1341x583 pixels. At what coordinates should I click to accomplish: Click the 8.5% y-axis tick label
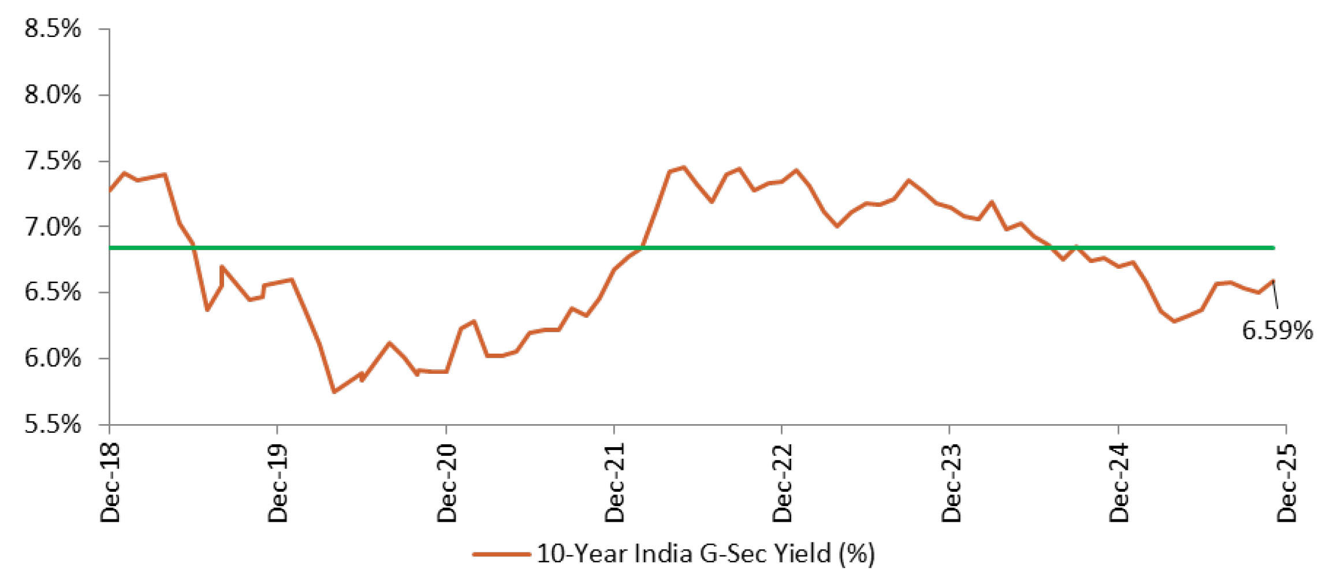tap(53, 28)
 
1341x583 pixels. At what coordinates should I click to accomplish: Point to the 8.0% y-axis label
tap(53, 94)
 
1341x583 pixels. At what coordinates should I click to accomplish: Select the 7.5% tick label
tap(53, 161)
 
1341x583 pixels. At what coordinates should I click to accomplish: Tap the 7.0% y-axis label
tap(53, 226)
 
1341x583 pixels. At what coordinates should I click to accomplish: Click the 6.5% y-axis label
tap(53, 292)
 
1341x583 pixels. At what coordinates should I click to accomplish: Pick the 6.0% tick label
tap(53, 358)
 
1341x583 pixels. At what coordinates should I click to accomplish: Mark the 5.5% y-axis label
tap(53, 425)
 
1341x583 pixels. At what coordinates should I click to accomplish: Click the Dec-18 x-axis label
tap(110, 483)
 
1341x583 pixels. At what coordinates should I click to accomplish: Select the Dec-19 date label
tap(278, 483)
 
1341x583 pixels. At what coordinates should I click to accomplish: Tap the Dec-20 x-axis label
tap(446, 483)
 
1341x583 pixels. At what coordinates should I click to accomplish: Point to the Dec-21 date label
tap(614, 483)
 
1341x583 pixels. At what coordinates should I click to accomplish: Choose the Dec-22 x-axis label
tap(782, 483)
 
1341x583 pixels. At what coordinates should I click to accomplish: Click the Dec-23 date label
tap(950, 483)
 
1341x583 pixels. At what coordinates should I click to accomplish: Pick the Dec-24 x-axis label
tap(1119, 483)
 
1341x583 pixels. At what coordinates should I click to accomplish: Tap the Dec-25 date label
tap(1287, 483)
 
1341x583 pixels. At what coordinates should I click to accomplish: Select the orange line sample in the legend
tap(501, 554)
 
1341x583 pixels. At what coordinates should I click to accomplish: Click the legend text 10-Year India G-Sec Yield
tap(705, 554)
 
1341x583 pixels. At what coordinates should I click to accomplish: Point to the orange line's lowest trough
tap(334, 392)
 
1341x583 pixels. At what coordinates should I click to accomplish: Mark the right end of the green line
tap(1273, 248)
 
